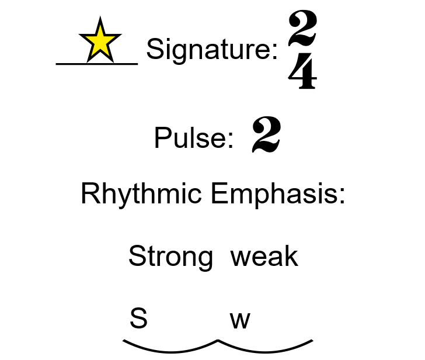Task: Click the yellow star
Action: (100, 41)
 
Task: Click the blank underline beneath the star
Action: (97, 63)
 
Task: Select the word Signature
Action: (208, 50)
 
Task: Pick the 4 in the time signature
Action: (303, 75)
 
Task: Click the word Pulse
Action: (189, 139)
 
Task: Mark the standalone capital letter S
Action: (138, 319)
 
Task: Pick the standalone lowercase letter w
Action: (240, 320)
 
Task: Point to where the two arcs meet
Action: (218, 340)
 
